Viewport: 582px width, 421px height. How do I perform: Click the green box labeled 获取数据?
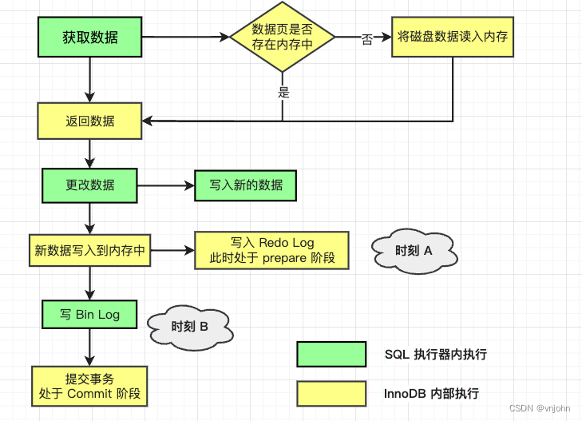click(90, 37)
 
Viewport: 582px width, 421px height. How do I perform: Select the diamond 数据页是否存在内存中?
click(283, 37)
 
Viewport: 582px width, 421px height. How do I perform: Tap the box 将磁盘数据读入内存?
click(453, 37)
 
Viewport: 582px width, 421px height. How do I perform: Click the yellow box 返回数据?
click(90, 121)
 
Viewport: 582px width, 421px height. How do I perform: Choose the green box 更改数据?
click(90, 185)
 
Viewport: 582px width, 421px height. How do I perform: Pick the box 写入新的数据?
click(246, 185)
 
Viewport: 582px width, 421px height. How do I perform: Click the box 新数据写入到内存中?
click(90, 250)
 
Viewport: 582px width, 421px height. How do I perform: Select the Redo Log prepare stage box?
click(271, 250)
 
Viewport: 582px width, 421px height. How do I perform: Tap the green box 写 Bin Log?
click(89, 315)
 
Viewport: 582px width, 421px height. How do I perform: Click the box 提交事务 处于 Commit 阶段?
click(89, 386)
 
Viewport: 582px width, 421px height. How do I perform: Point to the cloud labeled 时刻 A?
click(414, 251)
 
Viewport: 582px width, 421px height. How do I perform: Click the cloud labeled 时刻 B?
click(190, 327)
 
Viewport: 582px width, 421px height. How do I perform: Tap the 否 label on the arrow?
click(367, 39)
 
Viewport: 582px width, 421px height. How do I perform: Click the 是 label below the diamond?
click(284, 92)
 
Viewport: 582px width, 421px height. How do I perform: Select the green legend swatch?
click(331, 354)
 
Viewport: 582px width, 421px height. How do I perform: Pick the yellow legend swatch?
click(331, 394)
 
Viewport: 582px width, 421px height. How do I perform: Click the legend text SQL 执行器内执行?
click(436, 355)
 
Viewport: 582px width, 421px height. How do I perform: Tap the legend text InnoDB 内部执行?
click(431, 394)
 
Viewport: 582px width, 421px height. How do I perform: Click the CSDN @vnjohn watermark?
click(540, 408)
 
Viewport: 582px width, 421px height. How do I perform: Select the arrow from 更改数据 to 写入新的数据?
click(166, 185)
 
